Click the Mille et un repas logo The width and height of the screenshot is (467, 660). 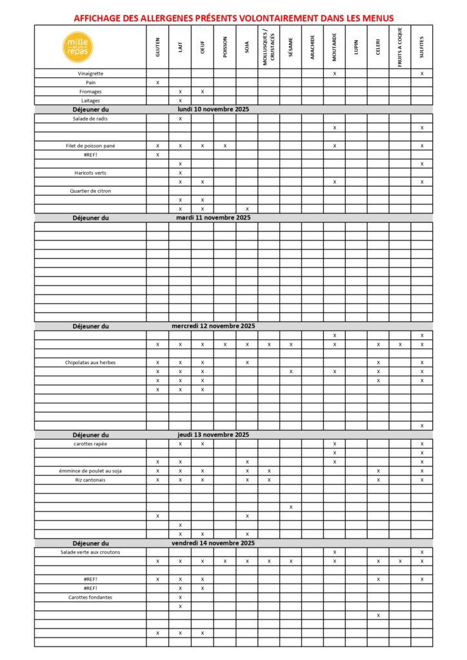(79, 46)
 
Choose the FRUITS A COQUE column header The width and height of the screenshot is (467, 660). (400, 46)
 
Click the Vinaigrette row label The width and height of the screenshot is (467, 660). (90, 73)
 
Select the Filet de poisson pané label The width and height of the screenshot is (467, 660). (90, 146)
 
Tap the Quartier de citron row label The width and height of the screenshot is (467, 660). (90, 191)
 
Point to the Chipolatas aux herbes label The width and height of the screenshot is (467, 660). (90, 362)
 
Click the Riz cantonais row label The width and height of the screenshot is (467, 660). (90, 480)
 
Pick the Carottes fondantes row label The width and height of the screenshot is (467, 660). (90, 597)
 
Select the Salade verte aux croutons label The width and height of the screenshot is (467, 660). (90, 552)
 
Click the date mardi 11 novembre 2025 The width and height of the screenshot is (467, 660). (213, 218)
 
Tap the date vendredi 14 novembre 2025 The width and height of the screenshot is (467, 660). (213, 543)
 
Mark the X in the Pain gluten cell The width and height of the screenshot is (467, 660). (158, 82)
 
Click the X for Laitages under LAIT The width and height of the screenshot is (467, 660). (181, 101)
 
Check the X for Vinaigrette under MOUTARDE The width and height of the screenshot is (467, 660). (335, 73)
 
